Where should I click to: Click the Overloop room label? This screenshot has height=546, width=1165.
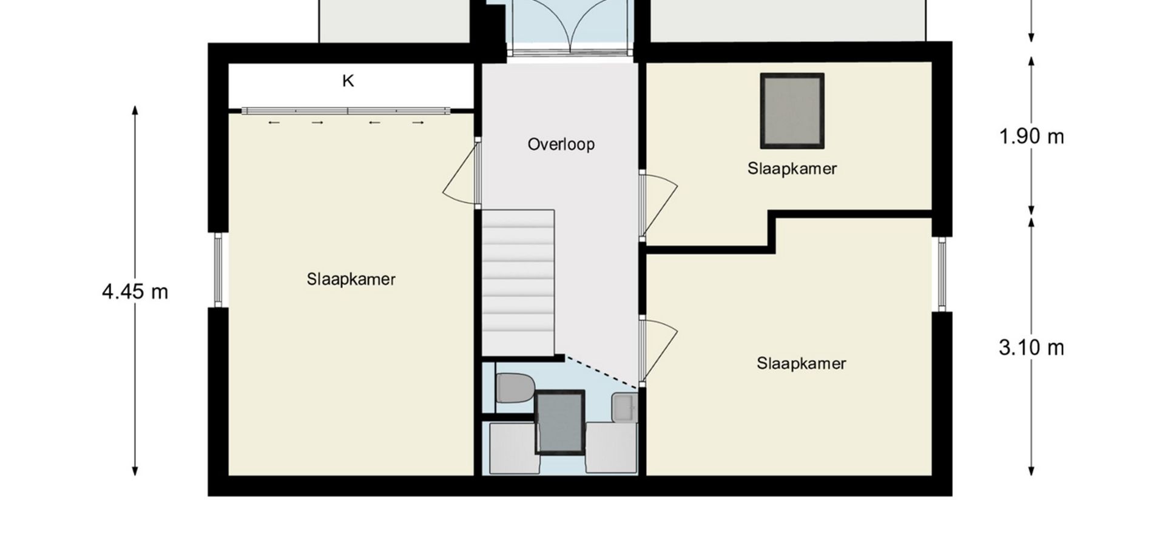coord(561,144)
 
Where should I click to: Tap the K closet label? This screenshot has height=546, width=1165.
coord(348,81)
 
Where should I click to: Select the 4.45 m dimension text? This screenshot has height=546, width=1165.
coord(135,292)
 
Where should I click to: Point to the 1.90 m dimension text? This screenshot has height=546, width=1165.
coord(1032,136)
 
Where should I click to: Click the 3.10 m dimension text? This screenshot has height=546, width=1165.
coord(1032,348)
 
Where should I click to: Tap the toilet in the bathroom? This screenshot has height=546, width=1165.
coord(515,388)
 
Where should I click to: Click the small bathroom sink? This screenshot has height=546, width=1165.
coord(624,407)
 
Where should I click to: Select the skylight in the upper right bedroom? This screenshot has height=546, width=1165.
coord(792,111)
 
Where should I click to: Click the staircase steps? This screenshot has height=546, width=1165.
coord(519,283)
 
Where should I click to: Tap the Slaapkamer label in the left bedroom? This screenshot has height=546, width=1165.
coord(351,279)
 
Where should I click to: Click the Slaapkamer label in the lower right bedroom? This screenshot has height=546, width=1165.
coord(801,363)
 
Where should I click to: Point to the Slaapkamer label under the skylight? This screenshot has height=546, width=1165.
coord(792,169)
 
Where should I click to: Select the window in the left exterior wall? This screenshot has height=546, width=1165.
coord(218,270)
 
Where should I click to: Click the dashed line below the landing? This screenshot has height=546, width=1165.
coord(601,371)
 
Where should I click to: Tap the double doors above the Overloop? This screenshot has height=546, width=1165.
coord(571,27)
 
